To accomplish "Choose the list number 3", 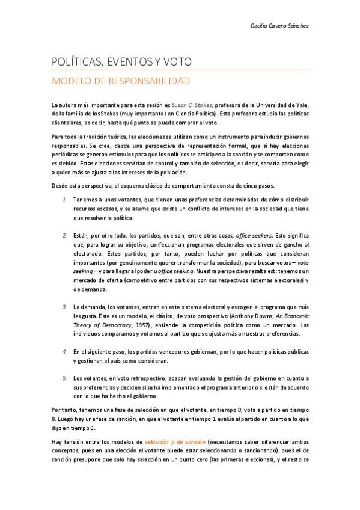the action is (65, 307).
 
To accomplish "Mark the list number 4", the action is (65, 351).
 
